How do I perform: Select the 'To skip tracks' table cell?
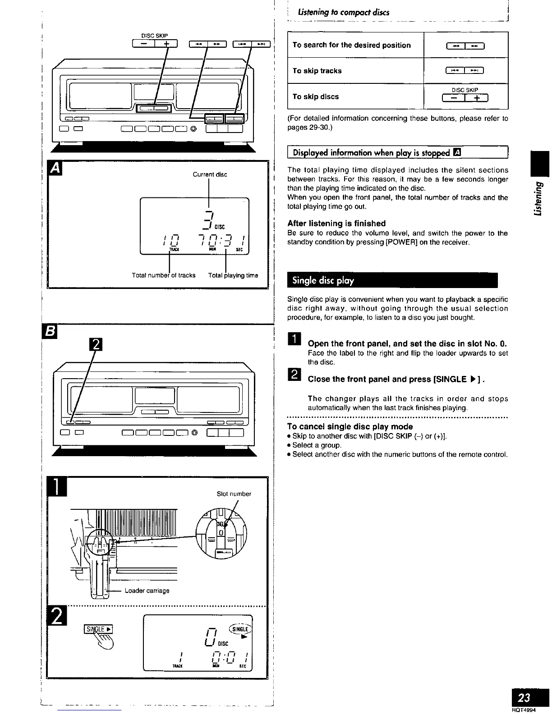[x=317, y=71]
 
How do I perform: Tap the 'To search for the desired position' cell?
[x=351, y=45]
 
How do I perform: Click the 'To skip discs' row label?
[x=315, y=96]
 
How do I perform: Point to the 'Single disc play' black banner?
[x=392, y=280]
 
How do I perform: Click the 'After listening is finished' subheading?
[x=336, y=223]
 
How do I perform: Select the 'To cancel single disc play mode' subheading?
[x=350, y=426]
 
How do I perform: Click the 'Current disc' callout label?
[x=210, y=174]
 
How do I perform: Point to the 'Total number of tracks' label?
[x=164, y=275]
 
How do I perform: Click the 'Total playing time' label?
[x=233, y=275]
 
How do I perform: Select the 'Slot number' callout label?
[x=234, y=494]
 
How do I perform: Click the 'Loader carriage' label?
[x=147, y=590]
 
